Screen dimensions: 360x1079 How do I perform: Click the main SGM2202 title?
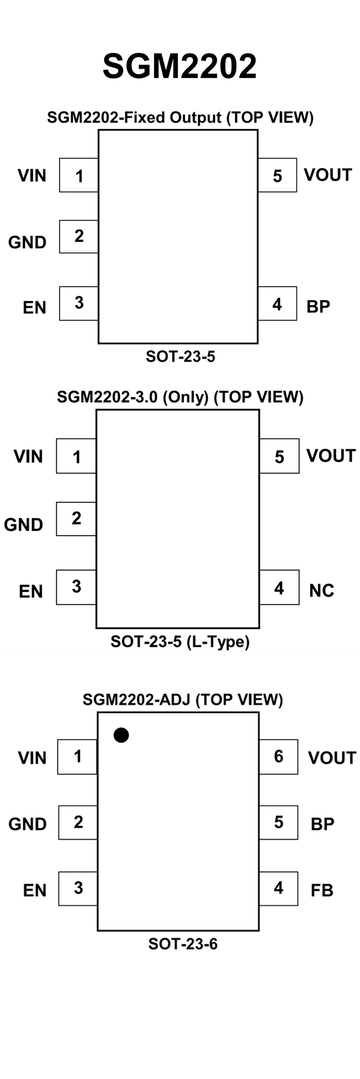[180, 66]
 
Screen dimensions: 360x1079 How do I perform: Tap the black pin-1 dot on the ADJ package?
[121, 735]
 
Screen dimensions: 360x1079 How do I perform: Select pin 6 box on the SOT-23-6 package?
[278, 757]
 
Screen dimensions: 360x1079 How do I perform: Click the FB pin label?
[322, 890]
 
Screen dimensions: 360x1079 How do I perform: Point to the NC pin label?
[322, 591]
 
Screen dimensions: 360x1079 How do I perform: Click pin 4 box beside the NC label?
[279, 588]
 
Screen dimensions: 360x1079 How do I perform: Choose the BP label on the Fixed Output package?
[318, 306]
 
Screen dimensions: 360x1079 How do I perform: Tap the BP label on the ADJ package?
[322, 824]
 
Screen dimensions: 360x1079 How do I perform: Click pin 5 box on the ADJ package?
[278, 823]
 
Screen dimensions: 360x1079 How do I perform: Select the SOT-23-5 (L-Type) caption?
[180, 642]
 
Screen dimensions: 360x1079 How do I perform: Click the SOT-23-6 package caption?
[183, 944]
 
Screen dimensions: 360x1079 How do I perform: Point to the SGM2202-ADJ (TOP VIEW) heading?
[183, 700]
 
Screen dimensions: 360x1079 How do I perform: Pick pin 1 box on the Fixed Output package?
[79, 175]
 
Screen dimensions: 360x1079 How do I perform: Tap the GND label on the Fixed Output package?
[27, 242]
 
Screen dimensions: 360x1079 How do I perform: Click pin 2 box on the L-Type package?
[76, 519]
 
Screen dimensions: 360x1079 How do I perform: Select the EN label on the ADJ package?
[35, 891]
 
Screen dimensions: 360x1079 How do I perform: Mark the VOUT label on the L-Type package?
[331, 456]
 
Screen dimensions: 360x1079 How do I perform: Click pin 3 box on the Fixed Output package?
[79, 303]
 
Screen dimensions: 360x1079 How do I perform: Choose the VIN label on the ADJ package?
[32, 758]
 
